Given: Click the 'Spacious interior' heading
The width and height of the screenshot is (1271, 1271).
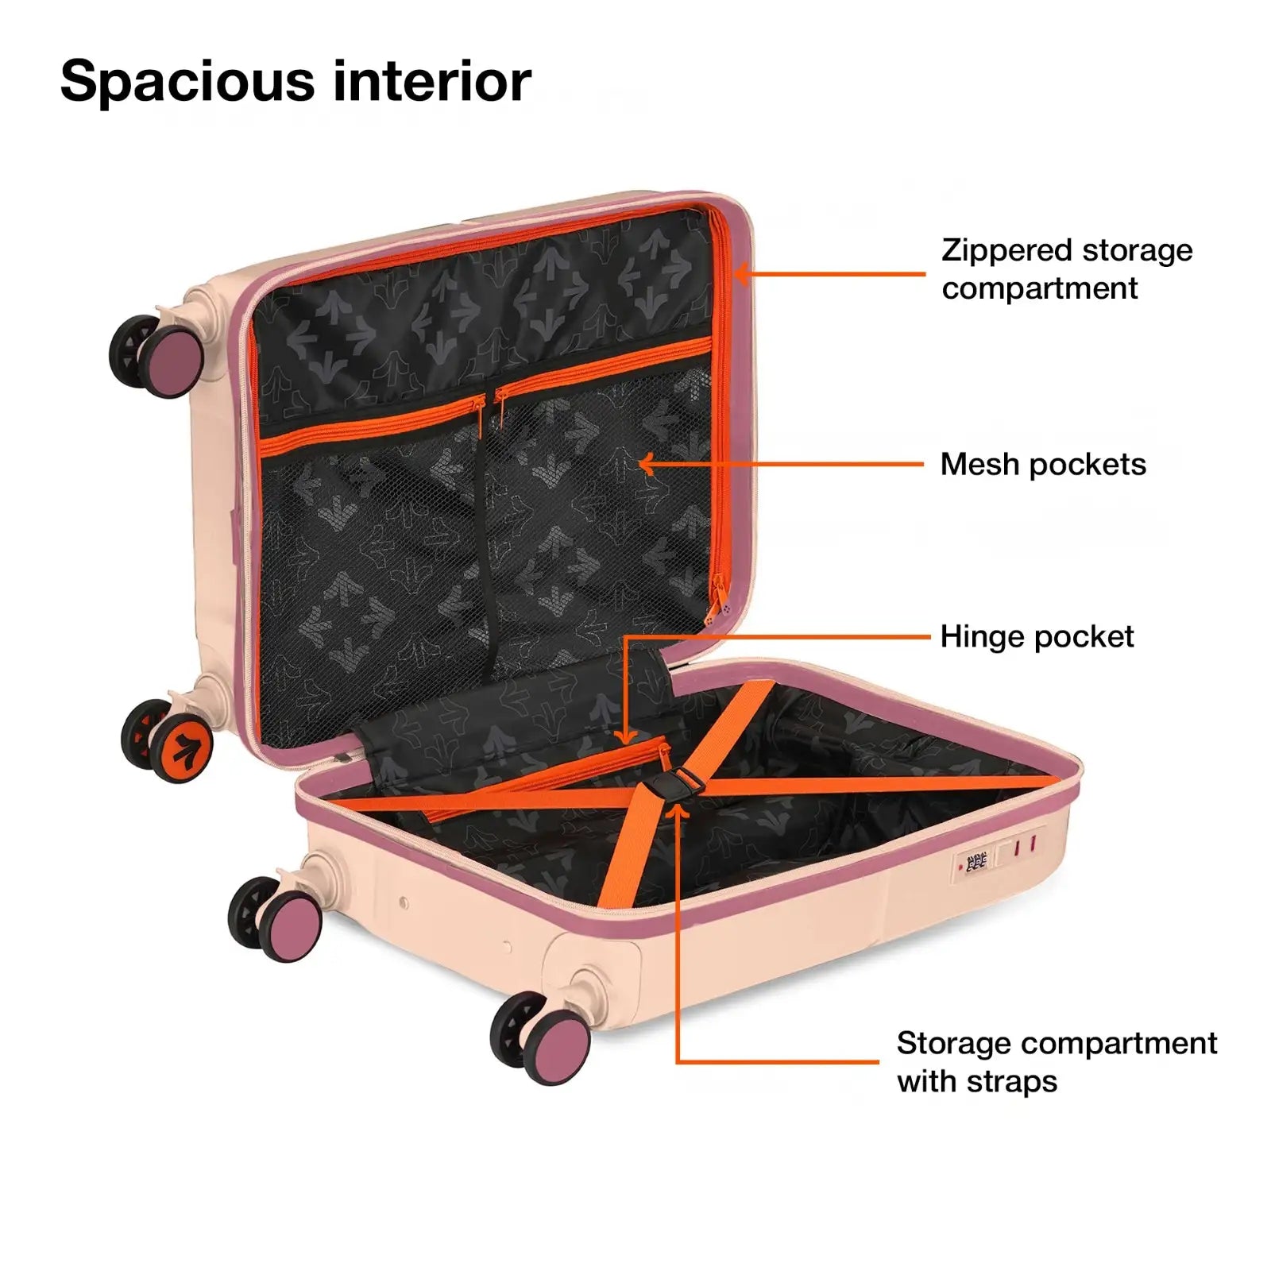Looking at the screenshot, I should click(x=296, y=81).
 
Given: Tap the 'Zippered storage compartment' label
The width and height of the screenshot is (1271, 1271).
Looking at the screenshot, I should click(x=1066, y=269).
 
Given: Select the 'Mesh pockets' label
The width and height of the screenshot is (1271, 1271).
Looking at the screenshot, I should click(x=1042, y=465).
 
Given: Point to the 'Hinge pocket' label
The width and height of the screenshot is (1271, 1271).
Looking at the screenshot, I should click(x=1037, y=637).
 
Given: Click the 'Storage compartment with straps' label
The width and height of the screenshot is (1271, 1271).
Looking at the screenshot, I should click(x=1056, y=1061).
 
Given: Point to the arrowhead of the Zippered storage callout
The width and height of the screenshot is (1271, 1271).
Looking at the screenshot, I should click(x=740, y=274).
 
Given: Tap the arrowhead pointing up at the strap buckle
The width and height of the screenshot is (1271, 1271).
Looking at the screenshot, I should click(x=677, y=812).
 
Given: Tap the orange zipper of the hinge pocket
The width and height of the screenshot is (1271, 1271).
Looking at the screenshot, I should click(x=556, y=775).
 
